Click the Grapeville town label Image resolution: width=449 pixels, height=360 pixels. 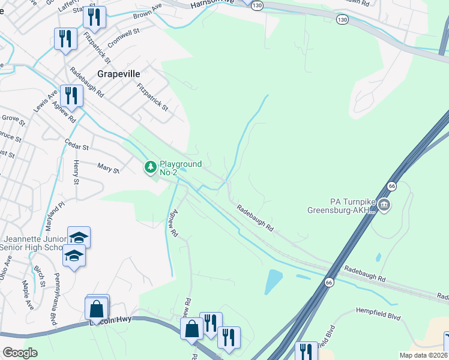(119, 74)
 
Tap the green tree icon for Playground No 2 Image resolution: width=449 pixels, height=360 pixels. (149, 167)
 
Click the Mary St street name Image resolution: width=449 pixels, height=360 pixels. (108, 170)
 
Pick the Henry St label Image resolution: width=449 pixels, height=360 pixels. (76, 173)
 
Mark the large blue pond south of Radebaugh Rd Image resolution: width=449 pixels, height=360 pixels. (274, 280)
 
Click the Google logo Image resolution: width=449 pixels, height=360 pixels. (20, 353)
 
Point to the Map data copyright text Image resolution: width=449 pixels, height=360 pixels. (424, 355)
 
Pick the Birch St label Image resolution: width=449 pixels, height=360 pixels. (40, 275)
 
